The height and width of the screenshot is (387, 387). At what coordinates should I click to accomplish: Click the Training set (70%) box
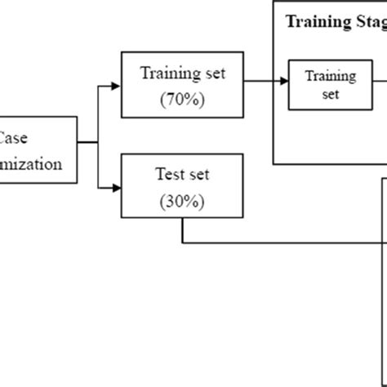tap(182, 84)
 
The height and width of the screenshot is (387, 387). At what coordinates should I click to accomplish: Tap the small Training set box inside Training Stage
tap(330, 84)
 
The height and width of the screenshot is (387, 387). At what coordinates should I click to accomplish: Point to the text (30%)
tap(182, 202)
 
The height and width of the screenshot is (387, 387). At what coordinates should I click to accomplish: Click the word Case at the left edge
tap(12, 138)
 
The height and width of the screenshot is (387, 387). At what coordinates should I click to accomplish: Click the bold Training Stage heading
tap(335, 22)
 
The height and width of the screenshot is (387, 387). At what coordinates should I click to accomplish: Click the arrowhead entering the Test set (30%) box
tap(116, 188)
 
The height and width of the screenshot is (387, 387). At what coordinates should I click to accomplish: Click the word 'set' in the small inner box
tap(330, 93)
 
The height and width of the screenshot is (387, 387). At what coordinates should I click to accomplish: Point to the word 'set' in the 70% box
tap(209, 73)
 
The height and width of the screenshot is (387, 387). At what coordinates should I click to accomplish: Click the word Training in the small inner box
tap(330, 76)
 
